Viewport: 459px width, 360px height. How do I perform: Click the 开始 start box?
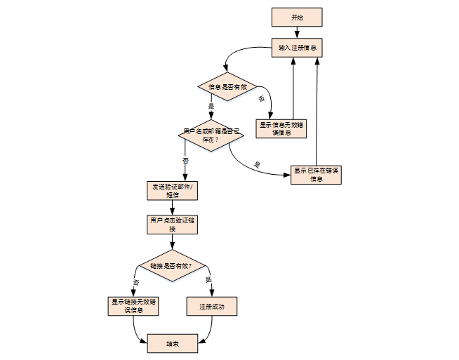click(x=296, y=18)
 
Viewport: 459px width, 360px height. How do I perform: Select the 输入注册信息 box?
click(x=296, y=48)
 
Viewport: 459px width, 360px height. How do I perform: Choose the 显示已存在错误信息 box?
click(x=316, y=174)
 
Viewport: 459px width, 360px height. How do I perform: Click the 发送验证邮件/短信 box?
click(x=172, y=190)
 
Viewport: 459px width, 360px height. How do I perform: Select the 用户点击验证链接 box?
click(x=172, y=224)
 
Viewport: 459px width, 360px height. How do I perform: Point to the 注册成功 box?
click(x=212, y=307)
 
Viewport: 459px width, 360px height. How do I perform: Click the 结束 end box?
click(x=172, y=344)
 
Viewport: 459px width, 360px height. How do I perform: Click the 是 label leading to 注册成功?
click(x=208, y=280)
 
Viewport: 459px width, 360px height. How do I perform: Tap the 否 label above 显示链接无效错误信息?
click(x=136, y=281)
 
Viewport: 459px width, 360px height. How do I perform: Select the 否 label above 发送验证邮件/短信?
click(x=185, y=161)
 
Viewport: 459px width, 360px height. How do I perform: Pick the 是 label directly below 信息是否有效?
click(x=211, y=107)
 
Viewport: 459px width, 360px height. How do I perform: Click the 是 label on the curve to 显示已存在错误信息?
click(x=256, y=165)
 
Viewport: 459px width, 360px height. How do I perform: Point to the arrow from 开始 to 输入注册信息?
click(x=296, y=32)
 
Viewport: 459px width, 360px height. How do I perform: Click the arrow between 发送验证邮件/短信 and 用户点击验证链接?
click(x=172, y=207)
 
